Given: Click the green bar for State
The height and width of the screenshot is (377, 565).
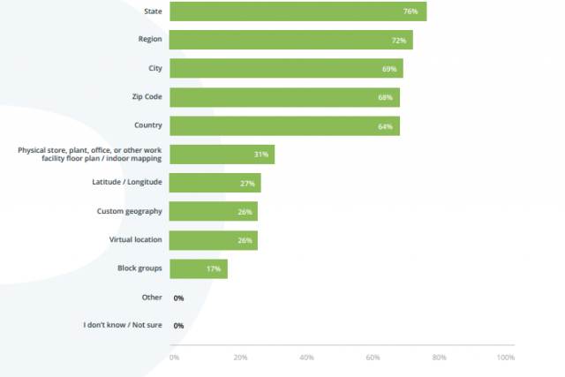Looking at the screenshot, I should click(x=298, y=11).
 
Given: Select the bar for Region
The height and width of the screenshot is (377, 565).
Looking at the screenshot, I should click(x=290, y=40).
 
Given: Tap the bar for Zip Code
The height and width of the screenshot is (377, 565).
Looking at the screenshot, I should click(x=284, y=97).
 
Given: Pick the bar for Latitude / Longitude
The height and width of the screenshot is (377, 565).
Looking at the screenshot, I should click(x=215, y=183).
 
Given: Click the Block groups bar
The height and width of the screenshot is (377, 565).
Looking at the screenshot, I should click(x=198, y=268).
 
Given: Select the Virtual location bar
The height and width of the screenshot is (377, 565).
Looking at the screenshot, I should click(x=213, y=240).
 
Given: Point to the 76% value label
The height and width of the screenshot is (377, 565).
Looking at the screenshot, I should click(x=410, y=11).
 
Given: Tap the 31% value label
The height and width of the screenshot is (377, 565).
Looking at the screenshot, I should click(x=260, y=155).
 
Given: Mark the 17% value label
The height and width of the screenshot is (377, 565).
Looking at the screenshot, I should click(x=214, y=268).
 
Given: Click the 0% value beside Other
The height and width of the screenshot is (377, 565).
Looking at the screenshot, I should click(x=178, y=298).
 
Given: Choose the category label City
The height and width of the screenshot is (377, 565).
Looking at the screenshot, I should click(x=154, y=68).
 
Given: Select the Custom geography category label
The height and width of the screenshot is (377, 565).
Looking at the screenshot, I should click(x=129, y=211).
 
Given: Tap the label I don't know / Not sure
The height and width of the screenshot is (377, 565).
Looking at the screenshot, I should click(x=123, y=326).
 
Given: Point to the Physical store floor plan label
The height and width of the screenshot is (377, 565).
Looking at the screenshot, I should click(x=90, y=155).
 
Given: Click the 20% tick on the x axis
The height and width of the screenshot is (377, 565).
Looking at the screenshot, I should click(x=240, y=358).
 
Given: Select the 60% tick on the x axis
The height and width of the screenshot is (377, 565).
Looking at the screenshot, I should click(x=373, y=358).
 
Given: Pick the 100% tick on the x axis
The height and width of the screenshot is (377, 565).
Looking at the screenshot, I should click(x=505, y=358).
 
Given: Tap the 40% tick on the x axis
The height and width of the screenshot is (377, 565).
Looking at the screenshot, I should click(x=307, y=358).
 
